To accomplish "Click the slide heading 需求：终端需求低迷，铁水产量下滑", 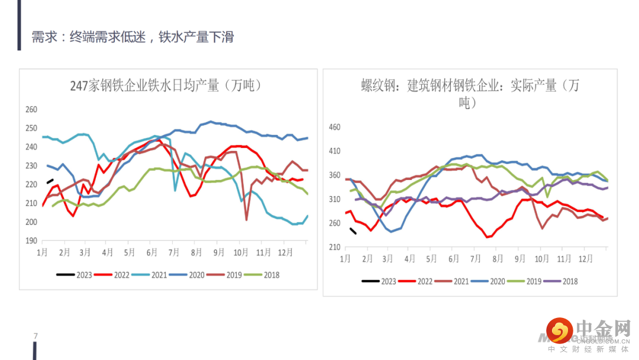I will (x=133, y=37).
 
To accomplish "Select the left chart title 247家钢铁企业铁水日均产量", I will (x=166, y=86).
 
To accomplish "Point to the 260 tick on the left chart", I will (x=31, y=110).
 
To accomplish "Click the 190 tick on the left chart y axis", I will (x=31, y=241).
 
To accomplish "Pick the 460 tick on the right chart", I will (x=334, y=127).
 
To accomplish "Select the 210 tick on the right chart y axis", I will (x=334, y=247).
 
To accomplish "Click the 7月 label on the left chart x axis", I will (x=174, y=252).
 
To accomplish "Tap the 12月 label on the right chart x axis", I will (x=586, y=259).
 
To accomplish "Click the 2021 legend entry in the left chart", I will (x=151, y=275).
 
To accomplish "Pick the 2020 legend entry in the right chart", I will (x=489, y=281).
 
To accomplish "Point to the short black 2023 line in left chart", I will (x=50, y=182).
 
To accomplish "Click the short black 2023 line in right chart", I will (x=353, y=231).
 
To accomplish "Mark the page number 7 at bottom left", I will (x=36, y=336).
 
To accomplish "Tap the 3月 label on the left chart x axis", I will (x=86, y=252).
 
